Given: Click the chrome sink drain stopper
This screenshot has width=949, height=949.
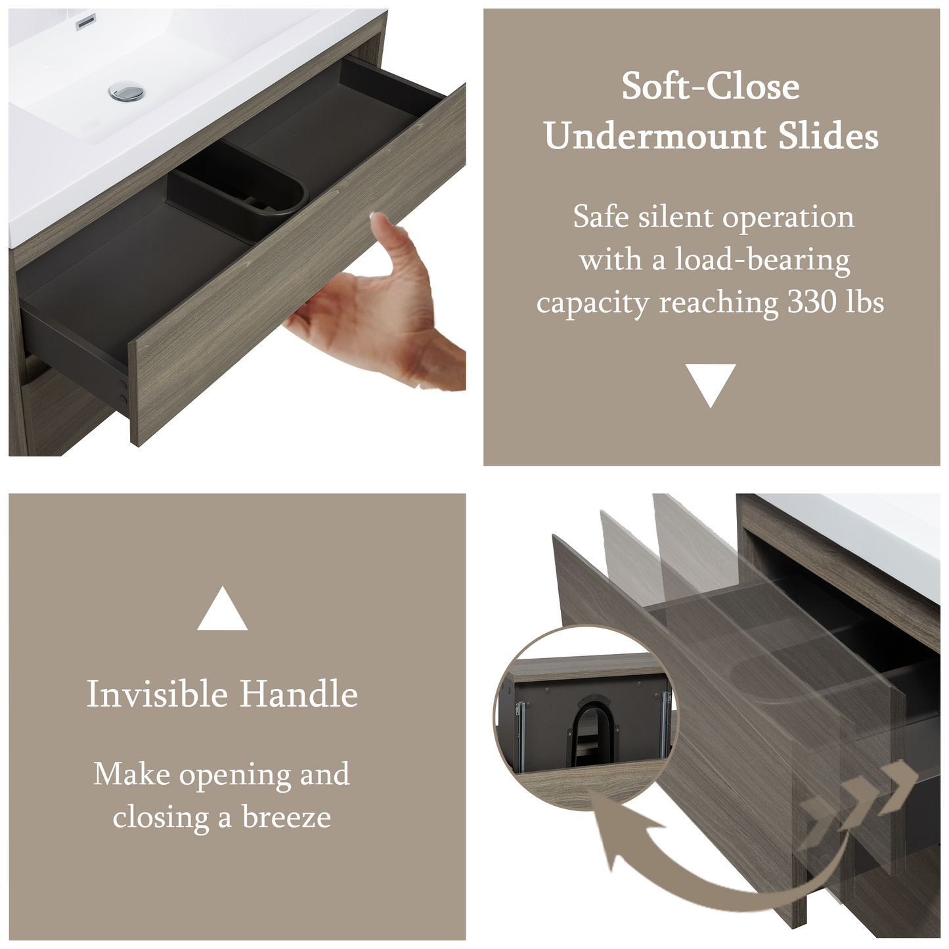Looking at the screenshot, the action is point(127,91).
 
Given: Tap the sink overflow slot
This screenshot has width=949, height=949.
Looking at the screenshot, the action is point(85,22).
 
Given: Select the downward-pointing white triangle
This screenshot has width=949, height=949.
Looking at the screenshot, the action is point(710,385).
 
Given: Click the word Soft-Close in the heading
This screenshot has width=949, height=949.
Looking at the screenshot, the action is point(710,87).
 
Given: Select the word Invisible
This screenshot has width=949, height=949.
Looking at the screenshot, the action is point(158,694).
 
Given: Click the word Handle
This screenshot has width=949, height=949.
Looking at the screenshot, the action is point(299,694).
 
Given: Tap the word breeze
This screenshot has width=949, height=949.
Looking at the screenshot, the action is point(286,818).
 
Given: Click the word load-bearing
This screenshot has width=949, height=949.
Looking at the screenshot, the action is point(762,260).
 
